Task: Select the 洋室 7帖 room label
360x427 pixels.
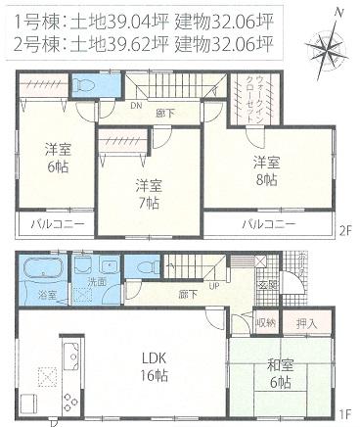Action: coord(147,194)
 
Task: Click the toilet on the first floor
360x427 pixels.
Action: coord(147,267)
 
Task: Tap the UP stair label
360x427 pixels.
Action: coord(213,287)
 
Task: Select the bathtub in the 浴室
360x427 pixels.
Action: coord(41,269)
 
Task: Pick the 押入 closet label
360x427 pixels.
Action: coord(305,322)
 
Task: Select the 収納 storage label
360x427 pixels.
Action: coord(266,322)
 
